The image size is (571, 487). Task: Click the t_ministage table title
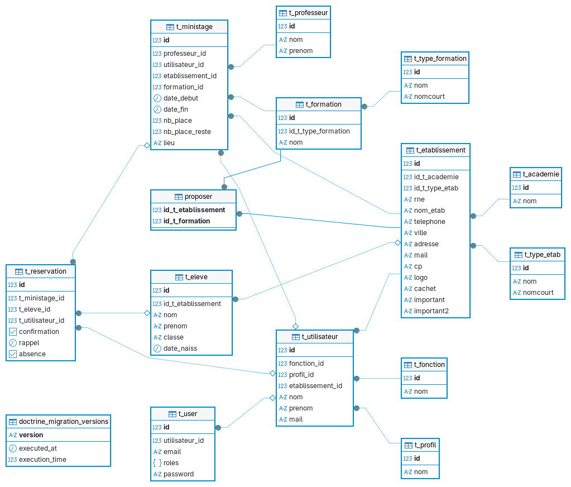tap(194, 27)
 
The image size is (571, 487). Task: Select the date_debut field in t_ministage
tap(181, 98)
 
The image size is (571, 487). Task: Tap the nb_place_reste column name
tap(187, 131)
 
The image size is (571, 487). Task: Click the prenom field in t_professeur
tap(301, 51)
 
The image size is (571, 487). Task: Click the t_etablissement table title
tap(440, 150)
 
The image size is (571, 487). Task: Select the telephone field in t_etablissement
tap(429, 222)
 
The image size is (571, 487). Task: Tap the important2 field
tap(431, 311)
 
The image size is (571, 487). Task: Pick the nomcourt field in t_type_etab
tap(538, 293)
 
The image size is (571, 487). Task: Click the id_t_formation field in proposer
tap(187, 221)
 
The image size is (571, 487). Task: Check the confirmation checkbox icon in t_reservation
tap(13, 332)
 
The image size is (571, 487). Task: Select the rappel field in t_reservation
tap(29, 343)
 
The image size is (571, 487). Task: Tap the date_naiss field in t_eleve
tap(180, 348)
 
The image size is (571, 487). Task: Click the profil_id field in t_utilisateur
tap(301, 374)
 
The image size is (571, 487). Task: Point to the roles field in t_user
tap(171, 462)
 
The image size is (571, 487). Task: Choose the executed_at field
tap(38, 448)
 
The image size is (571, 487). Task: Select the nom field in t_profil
tap(421, 472)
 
